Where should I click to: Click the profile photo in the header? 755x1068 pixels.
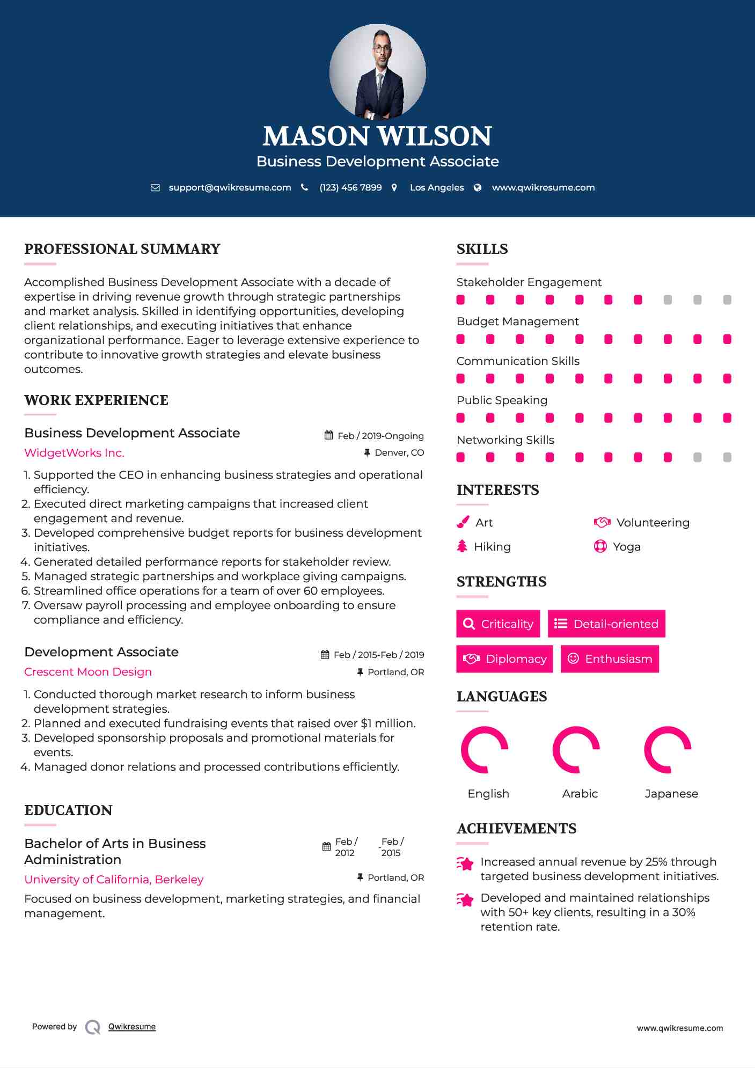377,71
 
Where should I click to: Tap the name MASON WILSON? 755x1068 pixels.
377,136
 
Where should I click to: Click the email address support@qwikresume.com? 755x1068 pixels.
230,187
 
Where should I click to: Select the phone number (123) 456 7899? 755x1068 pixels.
350,187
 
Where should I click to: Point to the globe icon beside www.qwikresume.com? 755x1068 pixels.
478,187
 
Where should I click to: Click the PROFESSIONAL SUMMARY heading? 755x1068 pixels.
122,249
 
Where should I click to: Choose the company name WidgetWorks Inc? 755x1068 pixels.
74,452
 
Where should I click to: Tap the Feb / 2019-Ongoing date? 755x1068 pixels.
380,436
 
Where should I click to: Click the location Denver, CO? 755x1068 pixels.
399,452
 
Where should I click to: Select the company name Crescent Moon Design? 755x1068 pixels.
88,672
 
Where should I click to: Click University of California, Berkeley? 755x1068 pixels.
114,879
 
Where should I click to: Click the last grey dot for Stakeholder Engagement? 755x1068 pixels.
727,299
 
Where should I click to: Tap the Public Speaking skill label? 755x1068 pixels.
502,400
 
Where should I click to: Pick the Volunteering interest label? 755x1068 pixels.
653,523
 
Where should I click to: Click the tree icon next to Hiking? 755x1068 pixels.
462,546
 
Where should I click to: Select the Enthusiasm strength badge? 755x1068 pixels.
610,659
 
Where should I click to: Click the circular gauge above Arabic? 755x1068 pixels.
576,750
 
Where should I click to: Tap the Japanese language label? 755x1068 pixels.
671,793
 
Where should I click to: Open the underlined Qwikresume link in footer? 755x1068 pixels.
132,1027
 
